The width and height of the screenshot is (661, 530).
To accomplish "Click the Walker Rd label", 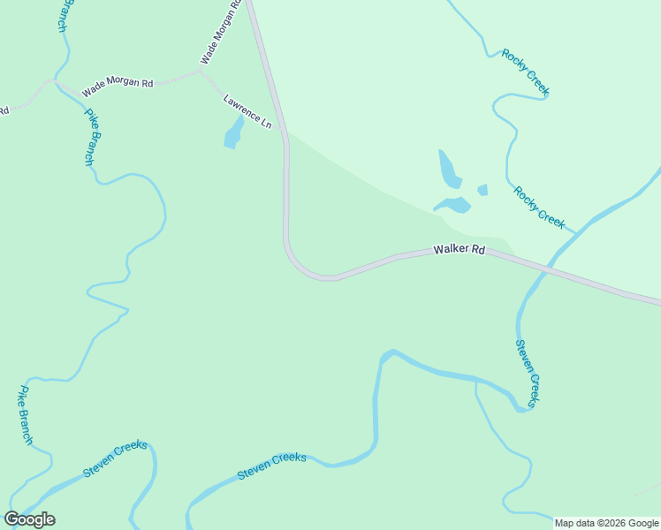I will pyautogui.click(x=460, y=250).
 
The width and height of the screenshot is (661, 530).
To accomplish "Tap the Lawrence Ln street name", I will pyautogui.click(x=247, y=112).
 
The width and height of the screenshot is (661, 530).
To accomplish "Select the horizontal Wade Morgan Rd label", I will pyautogui.click(x=118, y=87).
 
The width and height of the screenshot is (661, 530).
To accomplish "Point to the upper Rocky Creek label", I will pyautogui.click(x=526, y=72).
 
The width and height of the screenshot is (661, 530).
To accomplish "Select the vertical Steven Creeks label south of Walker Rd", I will pyautogui.click(x=527, y=373).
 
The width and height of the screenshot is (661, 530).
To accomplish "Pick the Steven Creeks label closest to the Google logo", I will pyautogui.click(x=115, y=459).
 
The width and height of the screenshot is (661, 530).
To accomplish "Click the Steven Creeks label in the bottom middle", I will pyautogui.click(x=271, y=466).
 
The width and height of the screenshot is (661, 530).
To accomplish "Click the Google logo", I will pyautogui.click(x=29, y=519).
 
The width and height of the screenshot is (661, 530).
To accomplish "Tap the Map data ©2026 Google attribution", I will pyautogui.click(x=607, y=523).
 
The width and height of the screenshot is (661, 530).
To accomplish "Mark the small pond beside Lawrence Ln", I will pyautogui.click(x=233, y=135).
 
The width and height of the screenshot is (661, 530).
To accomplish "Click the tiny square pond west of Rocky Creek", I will pyautogui.click(x=482, y=189).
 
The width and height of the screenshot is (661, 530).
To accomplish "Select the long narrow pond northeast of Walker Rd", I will pyautogui.click(x=449, y=169).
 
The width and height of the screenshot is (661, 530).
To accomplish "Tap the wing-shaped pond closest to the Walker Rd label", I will pyautogui.click(x=453, y=206).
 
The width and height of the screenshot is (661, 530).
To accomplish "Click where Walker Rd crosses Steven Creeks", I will pyautogui.click(x=547, y=269).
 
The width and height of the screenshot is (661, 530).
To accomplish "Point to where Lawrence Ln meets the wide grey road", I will pyautogui.click(x=284, y=131).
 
